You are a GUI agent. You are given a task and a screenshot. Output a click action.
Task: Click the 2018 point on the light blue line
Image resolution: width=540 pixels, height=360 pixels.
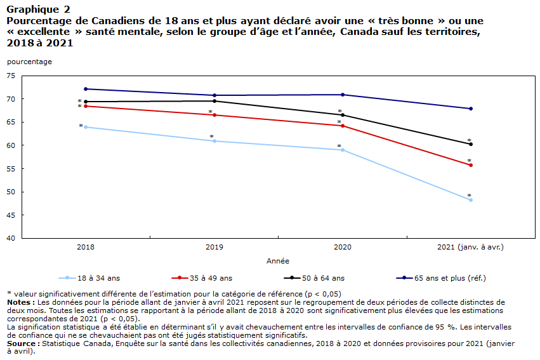86,127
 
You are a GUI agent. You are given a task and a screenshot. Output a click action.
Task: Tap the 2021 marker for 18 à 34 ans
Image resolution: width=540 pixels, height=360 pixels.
471,200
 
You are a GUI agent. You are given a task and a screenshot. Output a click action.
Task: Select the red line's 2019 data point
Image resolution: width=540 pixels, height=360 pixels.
214,115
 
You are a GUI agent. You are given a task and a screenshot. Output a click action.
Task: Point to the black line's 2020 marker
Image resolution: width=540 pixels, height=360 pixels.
343,115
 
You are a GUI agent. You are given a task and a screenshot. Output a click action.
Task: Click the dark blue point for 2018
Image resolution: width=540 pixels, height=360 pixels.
86,89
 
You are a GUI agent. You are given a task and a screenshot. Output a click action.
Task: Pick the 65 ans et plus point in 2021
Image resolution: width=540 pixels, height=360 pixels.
471,109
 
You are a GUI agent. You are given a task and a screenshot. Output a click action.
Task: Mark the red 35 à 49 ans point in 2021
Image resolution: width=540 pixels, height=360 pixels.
471,165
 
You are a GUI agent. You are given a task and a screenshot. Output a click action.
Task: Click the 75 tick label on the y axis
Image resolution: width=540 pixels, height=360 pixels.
11,76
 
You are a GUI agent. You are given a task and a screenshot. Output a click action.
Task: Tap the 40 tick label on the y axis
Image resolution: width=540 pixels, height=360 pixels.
11,238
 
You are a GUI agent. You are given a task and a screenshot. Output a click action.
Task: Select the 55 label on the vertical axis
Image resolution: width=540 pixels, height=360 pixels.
11,169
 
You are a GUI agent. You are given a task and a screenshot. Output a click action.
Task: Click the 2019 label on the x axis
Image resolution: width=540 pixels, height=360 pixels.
214,248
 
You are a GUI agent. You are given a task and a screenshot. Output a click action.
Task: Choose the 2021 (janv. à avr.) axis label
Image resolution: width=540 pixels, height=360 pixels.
470,248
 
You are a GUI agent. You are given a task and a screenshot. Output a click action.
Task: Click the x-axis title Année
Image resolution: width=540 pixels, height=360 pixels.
278,261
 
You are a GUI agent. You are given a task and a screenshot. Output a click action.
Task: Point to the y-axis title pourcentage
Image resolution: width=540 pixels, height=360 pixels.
30,62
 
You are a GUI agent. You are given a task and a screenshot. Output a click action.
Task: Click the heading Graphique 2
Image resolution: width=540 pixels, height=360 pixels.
38,10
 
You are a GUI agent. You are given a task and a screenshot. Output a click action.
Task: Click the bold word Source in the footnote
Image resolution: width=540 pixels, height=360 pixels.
22,343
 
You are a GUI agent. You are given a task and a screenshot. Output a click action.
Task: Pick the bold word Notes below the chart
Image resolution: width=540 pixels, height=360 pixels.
19,302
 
